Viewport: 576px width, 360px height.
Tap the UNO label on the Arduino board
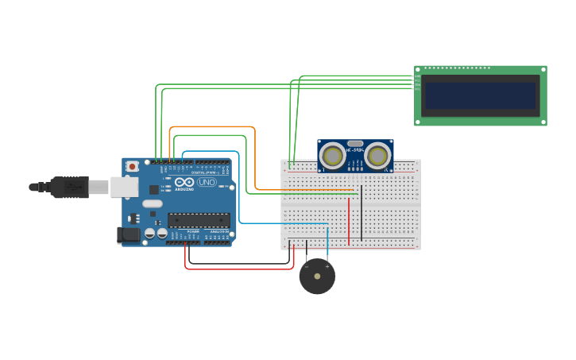[x=206, y=182]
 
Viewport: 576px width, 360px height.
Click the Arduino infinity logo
[x=184, y=182]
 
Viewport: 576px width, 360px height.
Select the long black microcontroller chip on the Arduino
[x=198, y=220]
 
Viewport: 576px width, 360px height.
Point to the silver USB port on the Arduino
[x=123, y=187]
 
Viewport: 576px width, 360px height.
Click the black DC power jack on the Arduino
[x=129, y=235]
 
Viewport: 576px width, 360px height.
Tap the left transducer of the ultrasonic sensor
[x=332, y=156]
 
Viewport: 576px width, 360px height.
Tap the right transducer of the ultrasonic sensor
[x=378, y=156]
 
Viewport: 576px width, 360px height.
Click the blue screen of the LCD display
[x=480, y=95]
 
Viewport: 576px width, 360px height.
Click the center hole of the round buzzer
[x=317, y=277]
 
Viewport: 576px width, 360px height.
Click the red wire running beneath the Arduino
[x=238, y=269]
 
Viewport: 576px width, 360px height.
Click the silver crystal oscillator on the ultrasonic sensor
[x=355, y=144]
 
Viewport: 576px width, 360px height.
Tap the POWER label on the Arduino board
[x=193, y=231]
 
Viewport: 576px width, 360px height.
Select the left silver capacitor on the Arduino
[x=149, y=234]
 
